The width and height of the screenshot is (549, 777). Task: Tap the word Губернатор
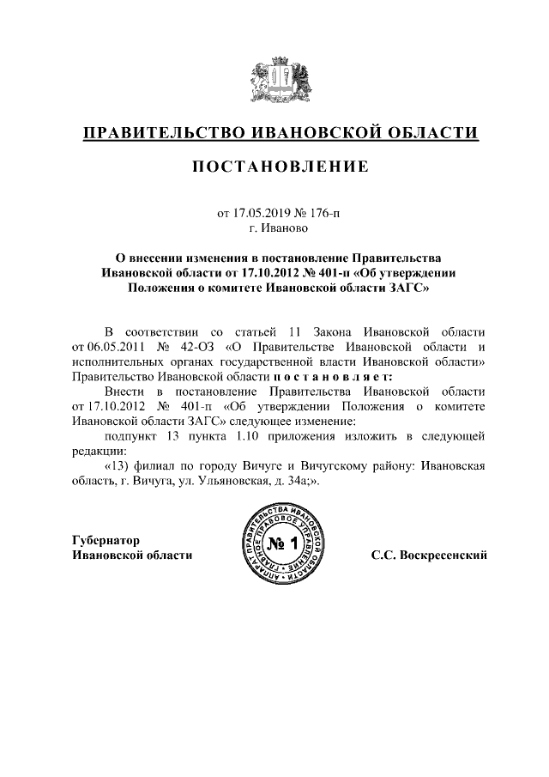[x=106, y=539]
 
